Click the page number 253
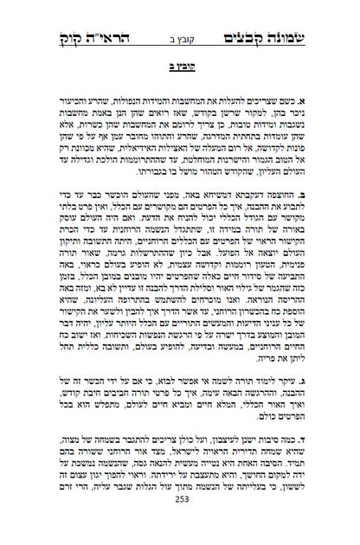(x=180, y=525)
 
